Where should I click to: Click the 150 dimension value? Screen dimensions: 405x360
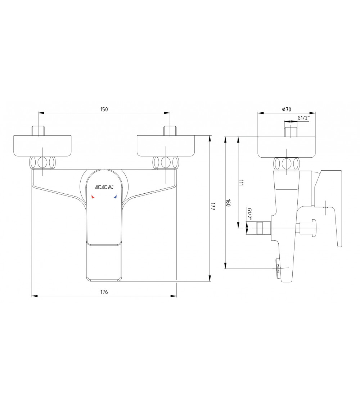[104, 109]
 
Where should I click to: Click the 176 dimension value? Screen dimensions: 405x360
[104, 292]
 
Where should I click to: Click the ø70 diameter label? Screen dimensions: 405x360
[287, 109]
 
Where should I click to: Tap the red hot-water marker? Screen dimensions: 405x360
[93, 197]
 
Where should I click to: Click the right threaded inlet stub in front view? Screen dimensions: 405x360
[170, 131]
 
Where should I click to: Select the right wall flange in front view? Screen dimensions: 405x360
[166, 146]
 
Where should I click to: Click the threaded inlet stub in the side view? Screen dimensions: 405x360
[291, 132]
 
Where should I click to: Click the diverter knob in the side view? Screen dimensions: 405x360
[309, 228]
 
